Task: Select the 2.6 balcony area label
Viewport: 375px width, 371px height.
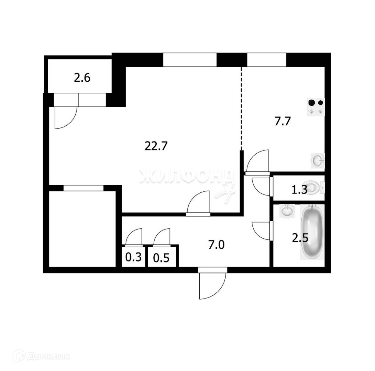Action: (x=82, y=78)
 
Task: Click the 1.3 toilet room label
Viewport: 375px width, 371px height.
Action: (x=299, y=190)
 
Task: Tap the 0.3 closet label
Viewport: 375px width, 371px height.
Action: (x=133, y=257)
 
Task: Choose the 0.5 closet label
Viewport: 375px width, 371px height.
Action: (x=161, y=258)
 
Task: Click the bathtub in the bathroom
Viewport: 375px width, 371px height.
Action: (x=312, y=232)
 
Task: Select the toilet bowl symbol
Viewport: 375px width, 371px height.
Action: (x=315, y=188)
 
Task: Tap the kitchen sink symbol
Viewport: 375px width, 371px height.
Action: (x=318, y=160)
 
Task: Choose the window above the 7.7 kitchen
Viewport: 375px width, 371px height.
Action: (x=266, y=59)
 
